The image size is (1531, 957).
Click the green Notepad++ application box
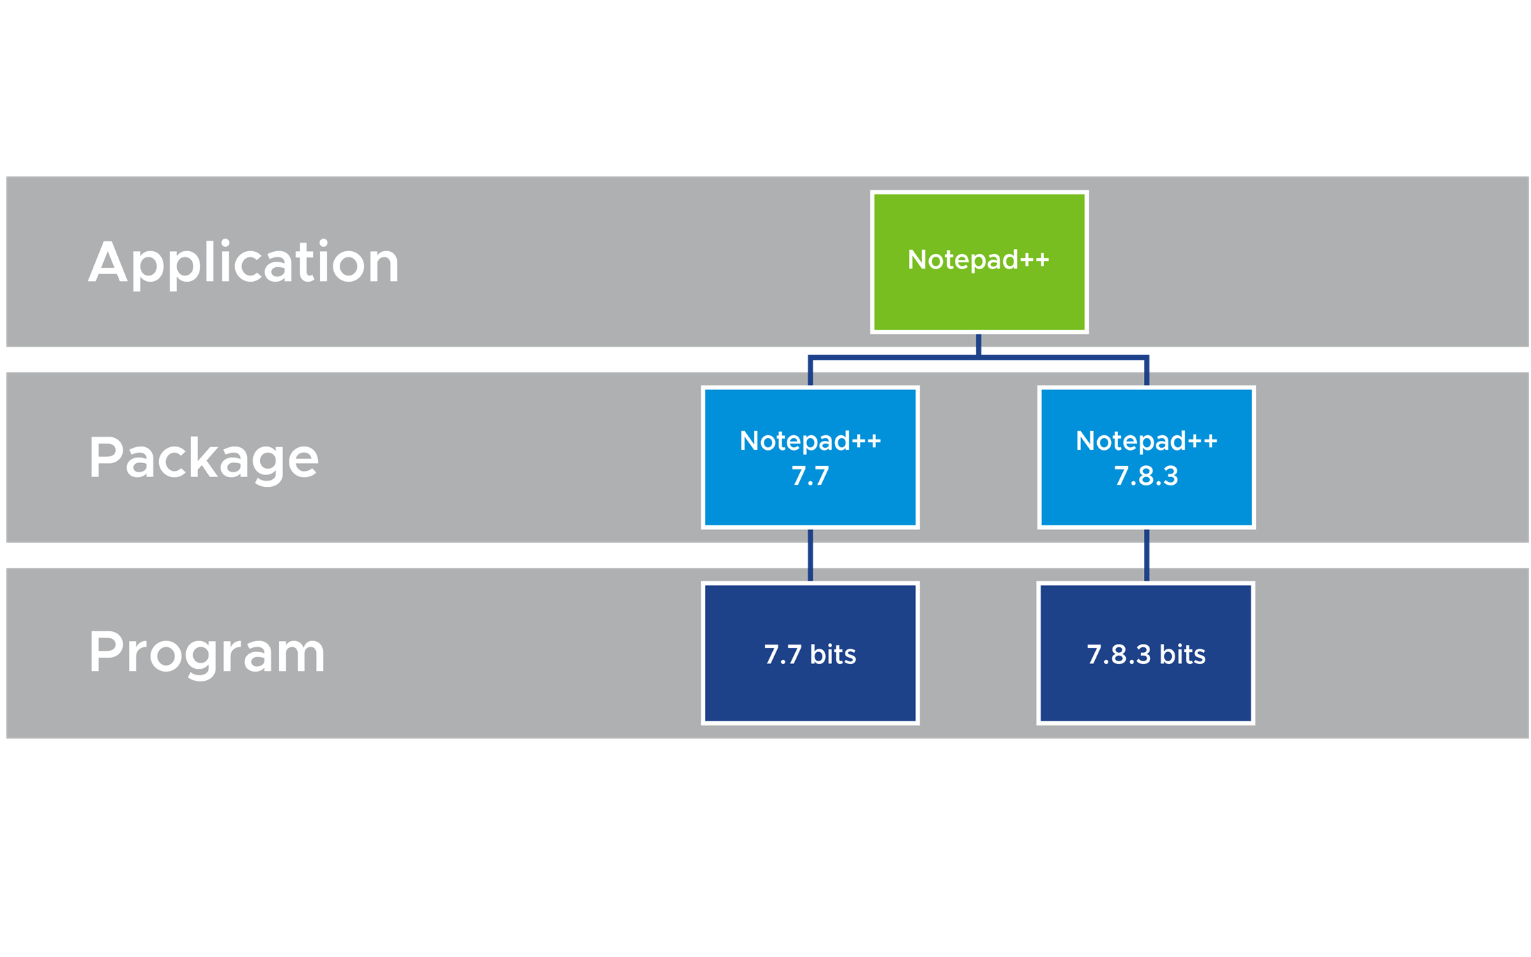(979, 262)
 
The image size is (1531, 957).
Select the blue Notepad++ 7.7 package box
(810, 457)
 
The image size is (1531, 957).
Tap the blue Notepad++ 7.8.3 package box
(1146, 457)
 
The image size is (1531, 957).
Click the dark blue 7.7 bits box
(810, 653)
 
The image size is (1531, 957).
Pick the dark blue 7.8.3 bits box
(1146, 653)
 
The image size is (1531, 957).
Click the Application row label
(243, 263)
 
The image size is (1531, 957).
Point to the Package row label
(204, 458)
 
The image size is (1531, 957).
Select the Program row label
(207, 654)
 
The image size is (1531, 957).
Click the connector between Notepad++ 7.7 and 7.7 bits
(810, 555)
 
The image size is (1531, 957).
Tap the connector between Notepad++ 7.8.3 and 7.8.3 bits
(1146, 555)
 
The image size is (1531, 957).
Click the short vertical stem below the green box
(979, 345)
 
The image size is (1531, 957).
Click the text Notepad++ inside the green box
(978, 259)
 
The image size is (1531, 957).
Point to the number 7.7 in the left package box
(810, 476)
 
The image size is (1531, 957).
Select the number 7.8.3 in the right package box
(1146, 476)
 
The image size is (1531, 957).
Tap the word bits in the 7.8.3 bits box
(1182, 654)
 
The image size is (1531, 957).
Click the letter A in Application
(108, 262)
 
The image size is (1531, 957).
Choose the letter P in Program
(104, 652)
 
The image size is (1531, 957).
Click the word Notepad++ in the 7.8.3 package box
(1146, 441)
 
